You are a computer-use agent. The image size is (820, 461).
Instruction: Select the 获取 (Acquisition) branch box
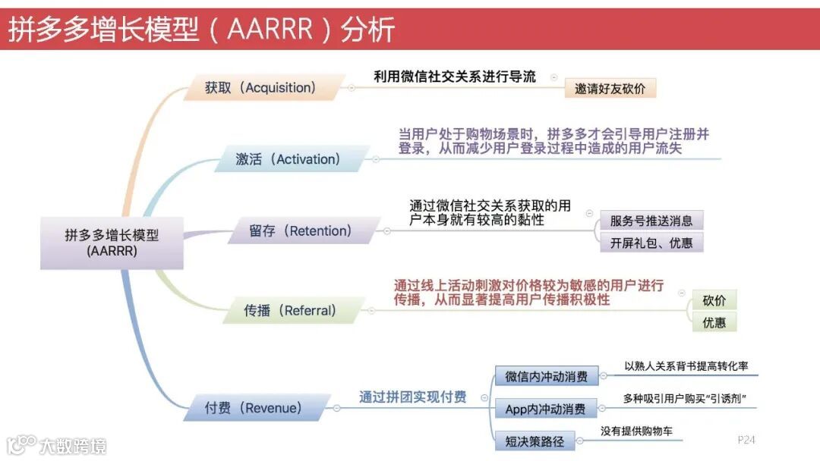coord(260,88)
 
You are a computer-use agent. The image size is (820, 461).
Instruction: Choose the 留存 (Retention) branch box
coord(301,230)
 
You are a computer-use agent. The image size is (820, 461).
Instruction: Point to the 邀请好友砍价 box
coord(610,89)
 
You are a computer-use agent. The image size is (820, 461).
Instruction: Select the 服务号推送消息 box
coord(651,221)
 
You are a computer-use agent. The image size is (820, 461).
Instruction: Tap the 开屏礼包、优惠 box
coord(651,243)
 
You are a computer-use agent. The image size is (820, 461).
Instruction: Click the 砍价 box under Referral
coord(714,300)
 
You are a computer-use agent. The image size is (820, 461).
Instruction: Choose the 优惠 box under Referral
coord(714,322)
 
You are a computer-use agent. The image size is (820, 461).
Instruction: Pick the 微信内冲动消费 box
coord(546,375)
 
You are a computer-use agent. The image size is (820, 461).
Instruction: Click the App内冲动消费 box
coord(546,409)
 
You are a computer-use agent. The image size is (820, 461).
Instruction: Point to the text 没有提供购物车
coord(636,431)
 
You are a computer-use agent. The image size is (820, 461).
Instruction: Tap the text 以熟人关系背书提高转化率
coord(686,366)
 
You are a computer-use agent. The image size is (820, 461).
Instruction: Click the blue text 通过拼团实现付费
coord(413,397)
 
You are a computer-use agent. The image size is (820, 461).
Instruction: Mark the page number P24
coord(746,440)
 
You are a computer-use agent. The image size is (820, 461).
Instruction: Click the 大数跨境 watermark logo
coord(57,445)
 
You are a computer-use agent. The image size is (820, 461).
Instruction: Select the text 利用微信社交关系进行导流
coord(455,77)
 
